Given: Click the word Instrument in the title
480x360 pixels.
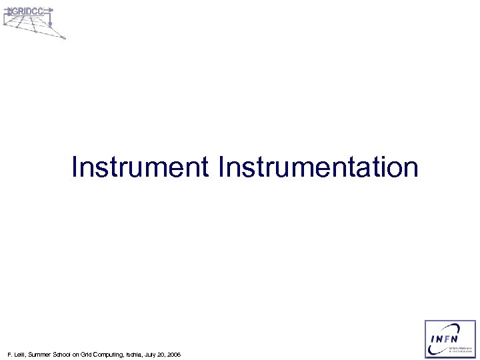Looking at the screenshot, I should pos(140,167).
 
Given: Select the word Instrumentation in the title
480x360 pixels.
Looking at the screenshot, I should pos(318,167).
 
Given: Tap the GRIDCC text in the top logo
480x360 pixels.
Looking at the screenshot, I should pos(27,11).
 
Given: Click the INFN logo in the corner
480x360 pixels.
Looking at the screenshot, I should pos(451,339).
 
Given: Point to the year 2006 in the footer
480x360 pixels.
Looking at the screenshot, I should pos(173,354).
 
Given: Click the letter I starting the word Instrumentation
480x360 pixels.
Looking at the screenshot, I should pos(219,167).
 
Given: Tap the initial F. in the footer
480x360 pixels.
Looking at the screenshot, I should pos(8,354).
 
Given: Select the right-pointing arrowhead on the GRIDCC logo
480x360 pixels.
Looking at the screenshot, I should pos(51,11).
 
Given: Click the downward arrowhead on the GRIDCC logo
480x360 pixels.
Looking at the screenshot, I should pos(49,25).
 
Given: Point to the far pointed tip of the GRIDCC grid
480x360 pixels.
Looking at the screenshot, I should pos(65,39).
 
